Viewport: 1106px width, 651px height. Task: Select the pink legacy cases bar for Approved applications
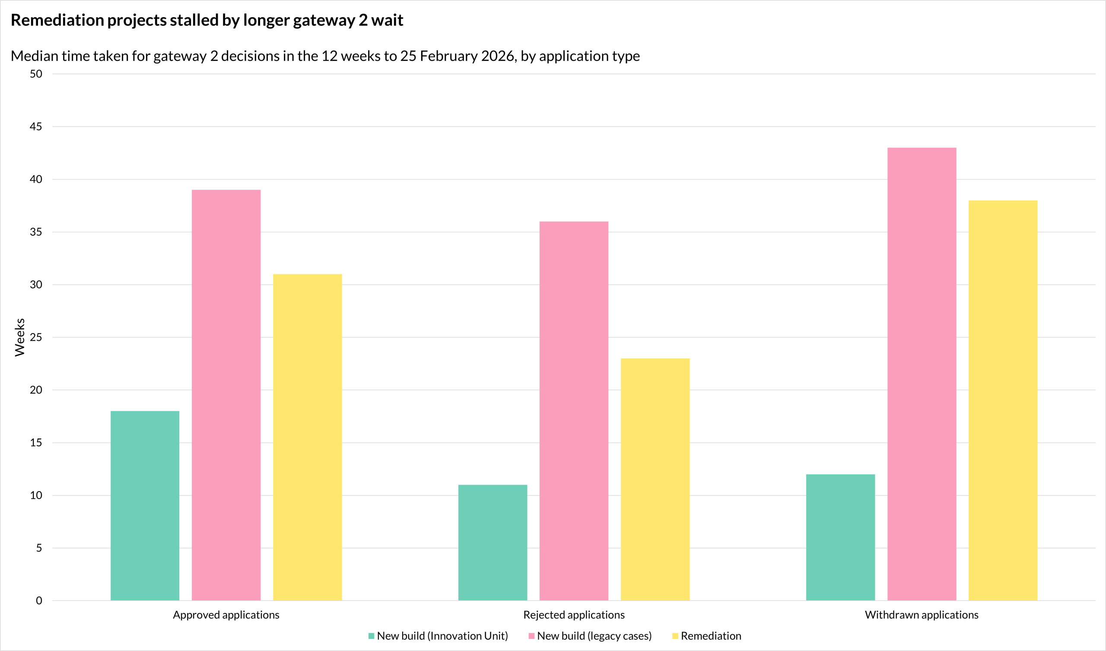tap(226, 395)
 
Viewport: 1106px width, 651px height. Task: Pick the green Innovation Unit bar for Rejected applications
tap(493, 543)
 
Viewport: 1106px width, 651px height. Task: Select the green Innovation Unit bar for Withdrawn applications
tap(840, 537)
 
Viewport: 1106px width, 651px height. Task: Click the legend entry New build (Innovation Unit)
tap(442, 635)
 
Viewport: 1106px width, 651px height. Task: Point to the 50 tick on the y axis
tap(36, 74)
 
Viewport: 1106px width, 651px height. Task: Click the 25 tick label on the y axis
tap(36, 337)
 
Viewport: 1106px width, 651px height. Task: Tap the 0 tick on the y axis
tap(38, 600)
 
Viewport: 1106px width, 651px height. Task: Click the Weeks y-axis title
tap(20, 337)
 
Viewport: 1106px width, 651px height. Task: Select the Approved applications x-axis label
tap(226, 615)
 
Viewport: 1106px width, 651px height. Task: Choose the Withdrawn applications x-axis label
tap(922, 615)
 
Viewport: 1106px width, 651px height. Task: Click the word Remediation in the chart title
tap(57, 20)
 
